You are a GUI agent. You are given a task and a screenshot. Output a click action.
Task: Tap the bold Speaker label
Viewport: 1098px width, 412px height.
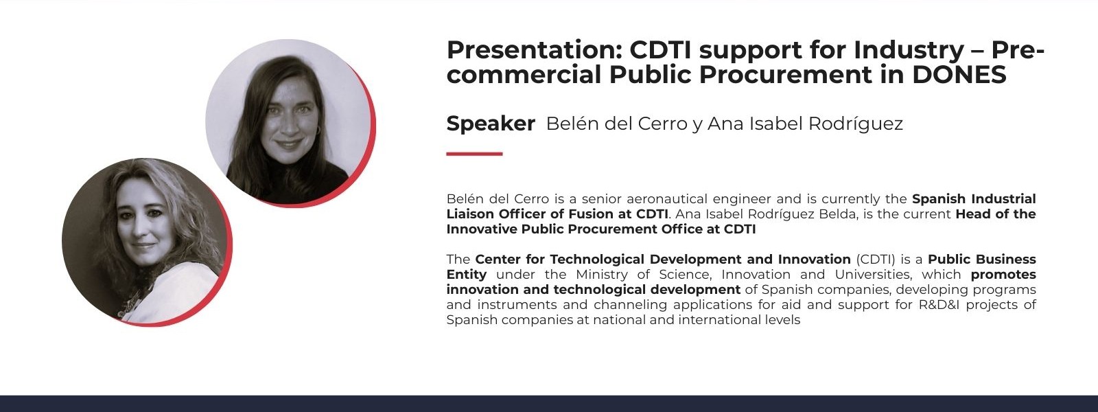click(x=491, y=124)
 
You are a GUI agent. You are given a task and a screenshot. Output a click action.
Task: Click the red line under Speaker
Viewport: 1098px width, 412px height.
click(x=474, y=154)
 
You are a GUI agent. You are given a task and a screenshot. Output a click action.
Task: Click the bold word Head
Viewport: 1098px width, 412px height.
click(x=972, y=214)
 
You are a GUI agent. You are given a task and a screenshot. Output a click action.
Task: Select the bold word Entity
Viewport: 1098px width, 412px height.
click(x=467, y=275)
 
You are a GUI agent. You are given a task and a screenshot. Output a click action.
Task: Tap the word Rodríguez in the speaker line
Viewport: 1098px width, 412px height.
click(x=855, y=124)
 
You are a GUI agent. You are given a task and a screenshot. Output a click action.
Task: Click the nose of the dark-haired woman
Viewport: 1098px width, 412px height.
click(x=288, y=125)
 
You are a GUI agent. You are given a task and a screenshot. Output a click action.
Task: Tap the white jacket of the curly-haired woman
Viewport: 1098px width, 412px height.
click(x=181, y=289)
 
